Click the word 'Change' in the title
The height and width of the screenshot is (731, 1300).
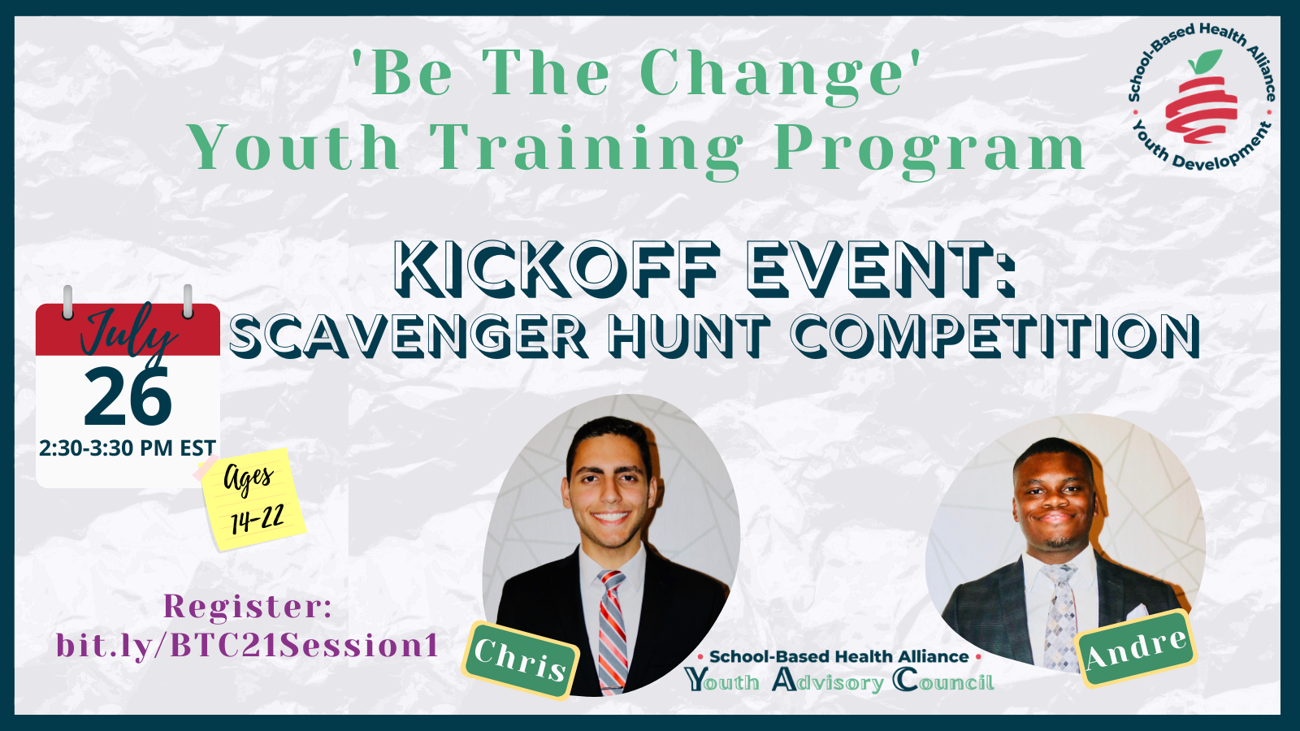773,75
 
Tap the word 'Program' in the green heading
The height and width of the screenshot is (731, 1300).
929,150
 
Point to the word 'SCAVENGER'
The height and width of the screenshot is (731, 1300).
409,335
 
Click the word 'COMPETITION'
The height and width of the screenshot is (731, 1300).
996,335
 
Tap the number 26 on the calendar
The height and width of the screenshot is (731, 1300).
128,397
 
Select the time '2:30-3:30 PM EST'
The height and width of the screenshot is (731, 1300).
128,448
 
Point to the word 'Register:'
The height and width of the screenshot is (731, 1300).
248,606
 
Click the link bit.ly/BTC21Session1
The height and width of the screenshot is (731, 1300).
247,645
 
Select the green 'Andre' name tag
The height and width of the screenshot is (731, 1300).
1136,649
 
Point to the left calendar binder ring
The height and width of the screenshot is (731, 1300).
68,301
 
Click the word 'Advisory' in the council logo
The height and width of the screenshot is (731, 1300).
828,681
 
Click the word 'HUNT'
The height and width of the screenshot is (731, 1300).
689,335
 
